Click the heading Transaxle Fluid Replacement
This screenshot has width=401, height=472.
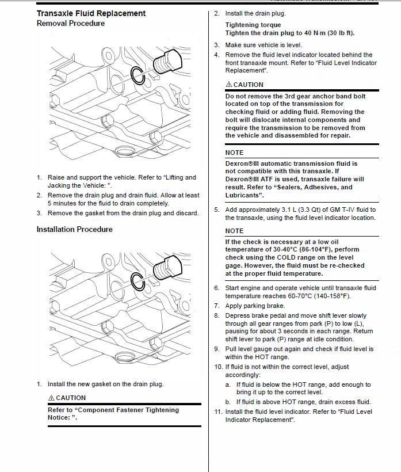click(x=91, y=13)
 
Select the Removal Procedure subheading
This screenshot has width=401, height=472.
click(x=70, y=24)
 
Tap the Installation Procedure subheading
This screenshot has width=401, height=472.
click(x=74, y=229)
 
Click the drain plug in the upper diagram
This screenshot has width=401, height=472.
click(x=171, y=60)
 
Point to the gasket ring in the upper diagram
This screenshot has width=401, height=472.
click(x=138, y=75)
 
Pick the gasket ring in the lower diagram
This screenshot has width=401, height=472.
click(x=138, y=280)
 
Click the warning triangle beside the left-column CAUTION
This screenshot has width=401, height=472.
click(x=51, y=398)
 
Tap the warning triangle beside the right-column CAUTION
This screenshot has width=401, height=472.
click(x=229, y=85)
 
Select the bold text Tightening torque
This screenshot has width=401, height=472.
click(x=253, y=25)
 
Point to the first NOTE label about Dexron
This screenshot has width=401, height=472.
click(x=234, y=153)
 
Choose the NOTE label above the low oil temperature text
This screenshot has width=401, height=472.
click(x=234, y=231)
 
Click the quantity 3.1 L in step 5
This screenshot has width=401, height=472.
click(x=290, y=210)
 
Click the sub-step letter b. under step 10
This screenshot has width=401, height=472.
click(x=228, y=402)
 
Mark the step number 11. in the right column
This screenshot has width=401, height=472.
click(x=218, y=412)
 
